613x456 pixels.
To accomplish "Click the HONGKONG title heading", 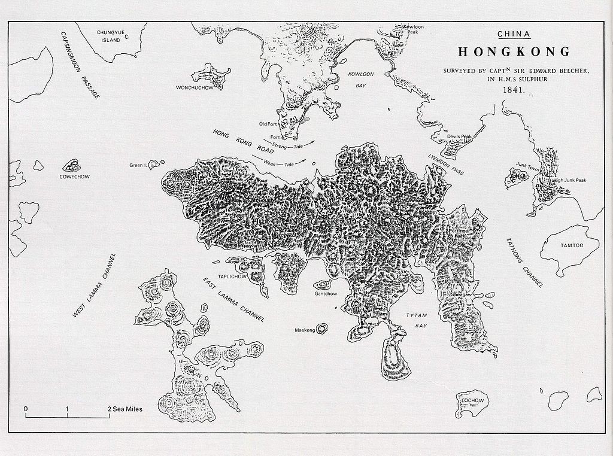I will pyautogui.click(x=514, y=51).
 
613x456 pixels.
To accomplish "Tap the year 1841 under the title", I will pyautogui.click(x=515, y=91).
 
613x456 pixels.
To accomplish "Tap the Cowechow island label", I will pyautogui.click(x=74, y=177).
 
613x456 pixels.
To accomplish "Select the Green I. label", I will pyautogui.click(x=138, y=165).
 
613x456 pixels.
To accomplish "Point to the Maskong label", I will pyautogui.click(x=304, y=330).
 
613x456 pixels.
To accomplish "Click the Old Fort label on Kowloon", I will pyautogui.click(x=267, y=124).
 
